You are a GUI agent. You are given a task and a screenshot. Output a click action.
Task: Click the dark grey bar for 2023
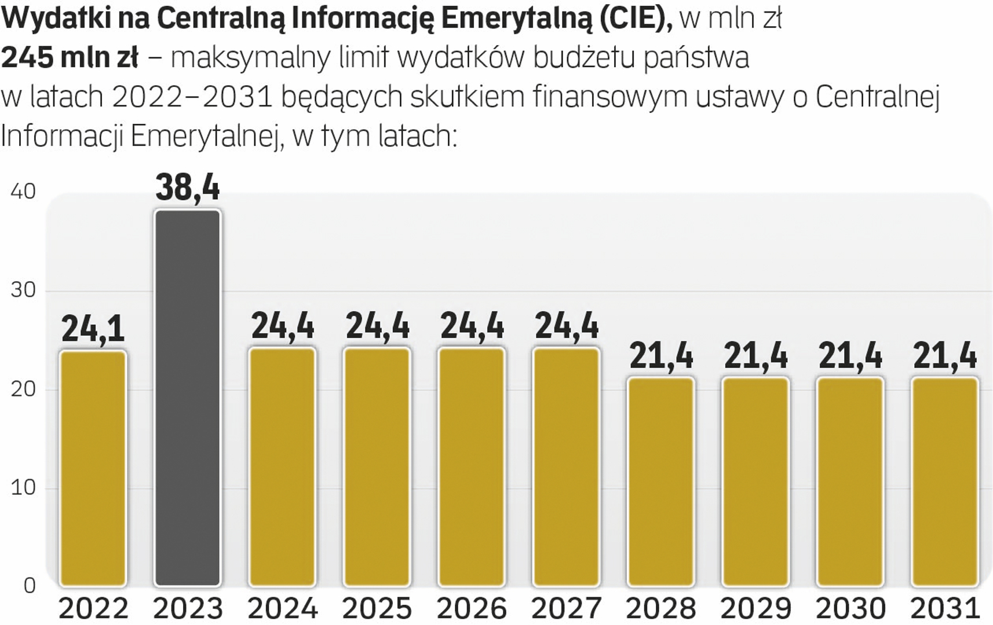point(188,398)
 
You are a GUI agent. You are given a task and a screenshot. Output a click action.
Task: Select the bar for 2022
point(93,468)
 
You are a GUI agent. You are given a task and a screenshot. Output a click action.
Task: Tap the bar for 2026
point(472,466)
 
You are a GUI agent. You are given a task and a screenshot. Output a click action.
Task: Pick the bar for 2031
point(945,481)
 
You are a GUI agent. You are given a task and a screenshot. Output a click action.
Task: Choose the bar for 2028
point(661,481)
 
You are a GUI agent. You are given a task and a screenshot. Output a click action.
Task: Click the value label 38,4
point(188,187)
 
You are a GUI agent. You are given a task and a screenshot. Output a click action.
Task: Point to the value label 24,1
point(93,329)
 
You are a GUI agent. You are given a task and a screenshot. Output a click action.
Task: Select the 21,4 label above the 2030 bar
point(850,355)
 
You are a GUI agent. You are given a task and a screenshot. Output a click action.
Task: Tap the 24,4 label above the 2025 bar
point(377,325)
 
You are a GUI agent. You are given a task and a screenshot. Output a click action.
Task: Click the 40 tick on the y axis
point(23,192)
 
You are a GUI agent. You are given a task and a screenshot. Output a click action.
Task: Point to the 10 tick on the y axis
point(23,488)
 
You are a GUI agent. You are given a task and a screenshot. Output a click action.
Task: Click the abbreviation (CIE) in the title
point(636,19)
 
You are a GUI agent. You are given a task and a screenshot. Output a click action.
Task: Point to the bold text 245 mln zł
point(70,58)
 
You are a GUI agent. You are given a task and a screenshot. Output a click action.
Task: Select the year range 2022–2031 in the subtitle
point(192,97)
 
